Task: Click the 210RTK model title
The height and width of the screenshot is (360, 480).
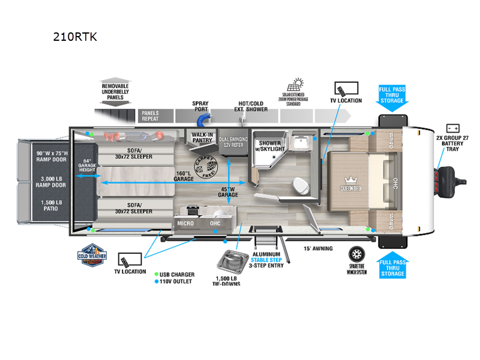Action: point(75,37)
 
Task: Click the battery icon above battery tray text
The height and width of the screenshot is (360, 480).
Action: point(453,128)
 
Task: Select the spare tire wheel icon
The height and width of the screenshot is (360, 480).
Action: point(358,254)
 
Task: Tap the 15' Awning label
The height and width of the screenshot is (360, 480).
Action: point(318,248)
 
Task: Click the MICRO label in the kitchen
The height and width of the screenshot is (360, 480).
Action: point(185,223)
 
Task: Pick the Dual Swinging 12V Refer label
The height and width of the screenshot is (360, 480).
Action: point(234,140)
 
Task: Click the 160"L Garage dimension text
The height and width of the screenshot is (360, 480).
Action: point(184,175)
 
